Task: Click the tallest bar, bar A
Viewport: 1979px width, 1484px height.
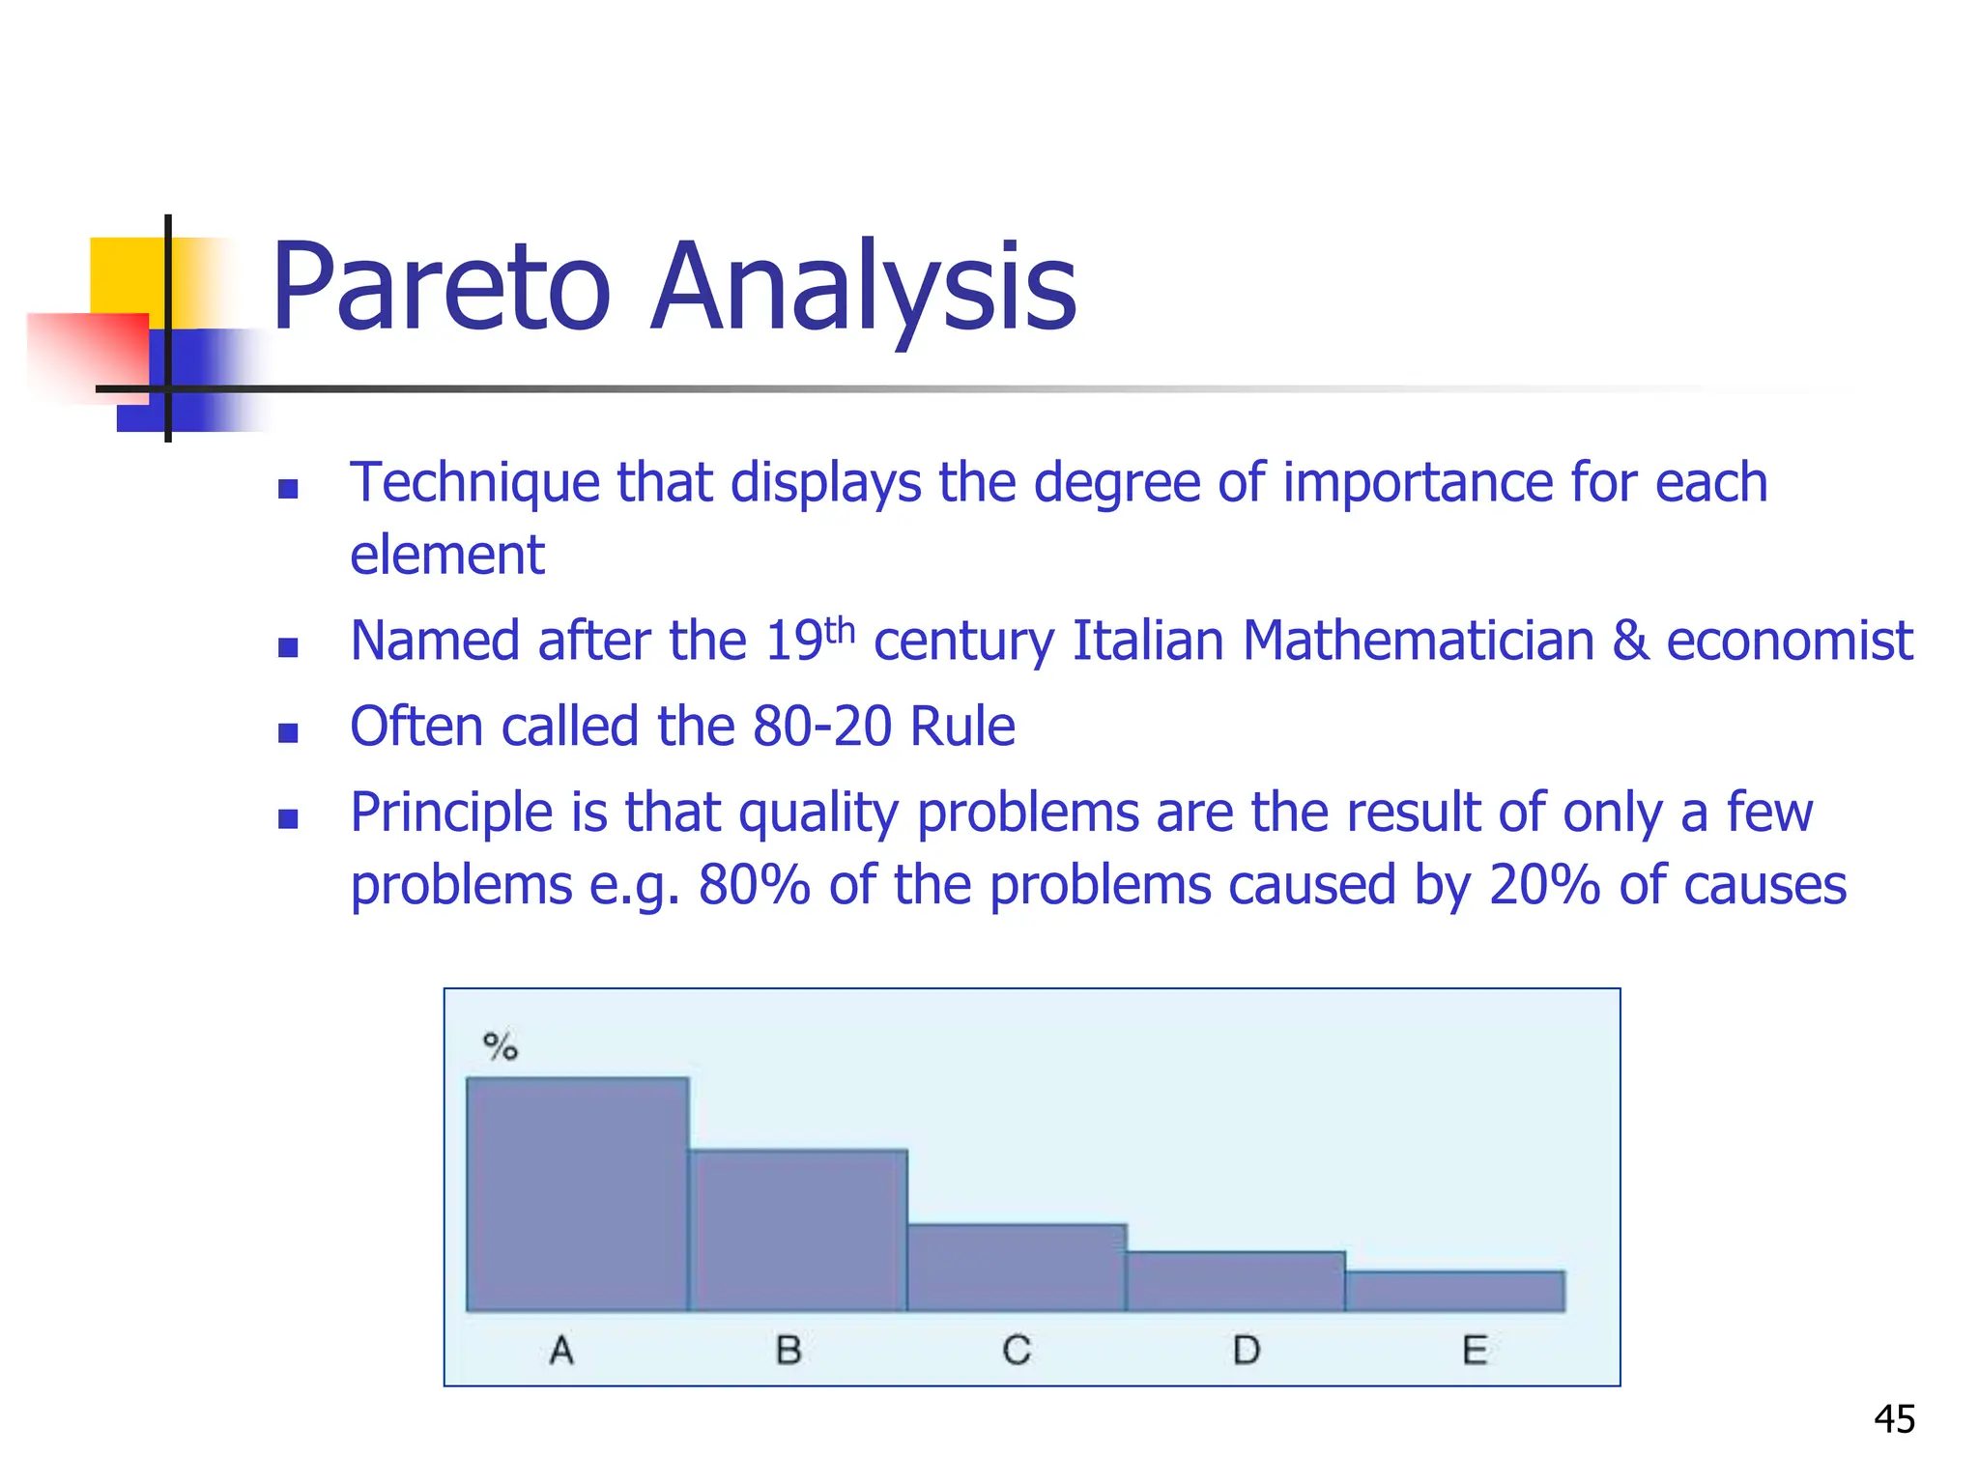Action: pos(577,1194)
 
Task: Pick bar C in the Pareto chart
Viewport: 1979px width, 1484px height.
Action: pos(1017,1268)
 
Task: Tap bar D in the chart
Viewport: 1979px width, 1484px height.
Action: pos(1236,1281)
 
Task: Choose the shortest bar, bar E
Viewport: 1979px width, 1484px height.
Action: pos(1455,1291)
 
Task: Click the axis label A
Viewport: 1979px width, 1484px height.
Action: pos(561,1350)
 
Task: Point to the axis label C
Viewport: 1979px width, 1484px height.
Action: pos(1017,1350)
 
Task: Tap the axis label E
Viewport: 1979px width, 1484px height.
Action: pos(1475,1350)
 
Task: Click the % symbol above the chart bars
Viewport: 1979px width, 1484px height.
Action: pos(501,1046)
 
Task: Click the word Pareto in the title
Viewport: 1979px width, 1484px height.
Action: pos(441,287)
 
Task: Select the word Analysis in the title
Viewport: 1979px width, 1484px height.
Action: pos(863,287)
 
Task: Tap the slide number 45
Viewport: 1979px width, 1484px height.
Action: pos(1894,1419)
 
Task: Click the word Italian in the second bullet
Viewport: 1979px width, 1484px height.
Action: pos(1148,641)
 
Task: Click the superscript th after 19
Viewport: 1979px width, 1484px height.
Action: pos(841,631)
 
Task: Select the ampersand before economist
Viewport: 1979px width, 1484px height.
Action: pos(1630,641)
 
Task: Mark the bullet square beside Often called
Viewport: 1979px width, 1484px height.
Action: pos(288,733)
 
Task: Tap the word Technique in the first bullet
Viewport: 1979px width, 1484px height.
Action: pos(474,482)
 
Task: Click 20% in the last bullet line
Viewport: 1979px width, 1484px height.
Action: pos(1544,885)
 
